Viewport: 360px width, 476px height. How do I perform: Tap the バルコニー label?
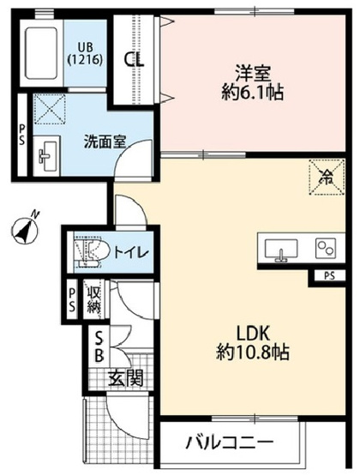[231, 443]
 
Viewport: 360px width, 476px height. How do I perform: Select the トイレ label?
[130, 252]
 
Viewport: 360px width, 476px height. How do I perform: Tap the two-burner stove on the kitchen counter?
[324, 249]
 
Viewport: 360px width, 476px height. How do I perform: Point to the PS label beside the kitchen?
[330, 275]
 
